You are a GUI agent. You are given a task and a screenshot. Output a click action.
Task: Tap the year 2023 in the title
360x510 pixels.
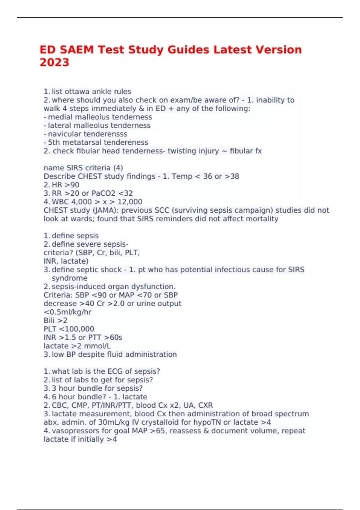pyautogui.click(x=54, y=62)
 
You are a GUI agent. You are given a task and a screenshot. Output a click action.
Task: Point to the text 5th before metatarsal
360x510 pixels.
pyautogui.click(x=54, y=142)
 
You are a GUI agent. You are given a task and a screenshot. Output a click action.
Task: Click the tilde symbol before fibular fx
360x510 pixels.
pyautogui.click(x=224, y=151)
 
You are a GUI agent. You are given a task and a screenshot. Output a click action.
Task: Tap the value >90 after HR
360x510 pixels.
pyautogui.click(x=72, y=185)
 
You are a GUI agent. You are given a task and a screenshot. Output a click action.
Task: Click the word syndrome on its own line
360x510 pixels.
pyautogui.click(x=69, y=278)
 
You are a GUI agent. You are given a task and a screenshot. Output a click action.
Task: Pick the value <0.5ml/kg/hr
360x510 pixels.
pyautogui.click(x=67, y=312)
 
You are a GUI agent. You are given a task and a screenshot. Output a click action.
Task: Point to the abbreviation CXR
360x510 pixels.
pyautogui.click(x=205, y=405)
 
